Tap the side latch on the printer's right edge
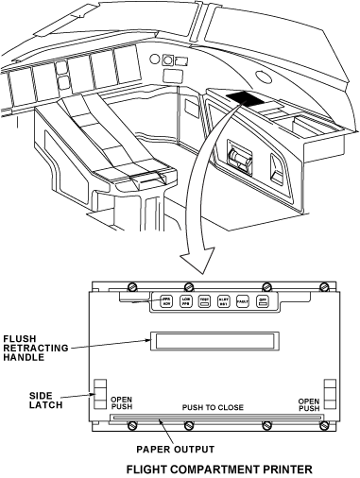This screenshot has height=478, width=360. click(330, 396)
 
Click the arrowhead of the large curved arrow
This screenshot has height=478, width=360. click(193, 259)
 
